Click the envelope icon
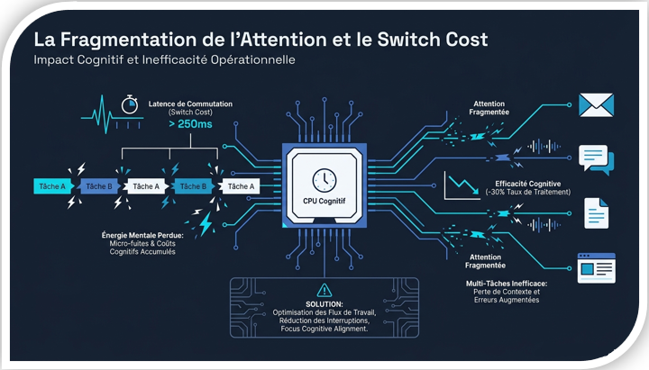tap(596, 105)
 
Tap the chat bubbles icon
tap(596, 159)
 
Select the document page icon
tap(596, 213)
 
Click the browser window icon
tap(597, 268)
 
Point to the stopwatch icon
tap(130, 104)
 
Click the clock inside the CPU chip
tap(324, 180)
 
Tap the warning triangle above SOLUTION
tap(324, 290)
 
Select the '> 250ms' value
tap(190, 124)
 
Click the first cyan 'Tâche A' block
tap(53, 186)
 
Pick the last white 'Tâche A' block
tap(241, 186)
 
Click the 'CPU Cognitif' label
tap(324, 202)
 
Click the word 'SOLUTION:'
tap(324, 304)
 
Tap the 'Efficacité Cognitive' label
tap(527, 184)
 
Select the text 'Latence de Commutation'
tap(190, 104)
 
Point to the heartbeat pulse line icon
tap(112, 115)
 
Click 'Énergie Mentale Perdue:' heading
tap(142, 235)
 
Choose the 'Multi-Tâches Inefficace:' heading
tap(507, 284)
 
